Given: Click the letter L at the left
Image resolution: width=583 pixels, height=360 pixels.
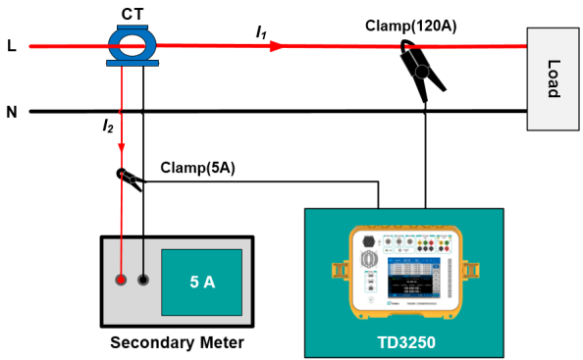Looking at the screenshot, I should tap(12, 45).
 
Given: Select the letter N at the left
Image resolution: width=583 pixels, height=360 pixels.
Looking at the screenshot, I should tap(12, 111).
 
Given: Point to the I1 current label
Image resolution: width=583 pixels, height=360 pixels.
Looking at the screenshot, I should tap(261, 32).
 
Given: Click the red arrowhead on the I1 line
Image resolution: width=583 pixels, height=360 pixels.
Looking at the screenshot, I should tap(279, 45).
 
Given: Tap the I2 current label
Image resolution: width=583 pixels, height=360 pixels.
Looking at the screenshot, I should tap(108, 126).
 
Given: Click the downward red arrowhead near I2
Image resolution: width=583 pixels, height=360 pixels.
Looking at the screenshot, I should tap(122, 146).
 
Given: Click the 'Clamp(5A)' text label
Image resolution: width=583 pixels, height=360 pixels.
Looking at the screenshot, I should tap(196, 168).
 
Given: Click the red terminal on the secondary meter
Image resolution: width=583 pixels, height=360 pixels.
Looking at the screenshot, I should tap(121, 280).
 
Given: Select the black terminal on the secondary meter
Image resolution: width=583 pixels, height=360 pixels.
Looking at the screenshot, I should tap(143, 280).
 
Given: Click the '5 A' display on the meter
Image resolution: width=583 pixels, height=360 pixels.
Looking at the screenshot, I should tap(201, 282).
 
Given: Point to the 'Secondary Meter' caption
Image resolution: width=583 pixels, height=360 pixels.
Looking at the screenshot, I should tap(177, 342).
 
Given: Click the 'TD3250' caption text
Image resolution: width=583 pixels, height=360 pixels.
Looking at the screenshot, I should tap(404, 343).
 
